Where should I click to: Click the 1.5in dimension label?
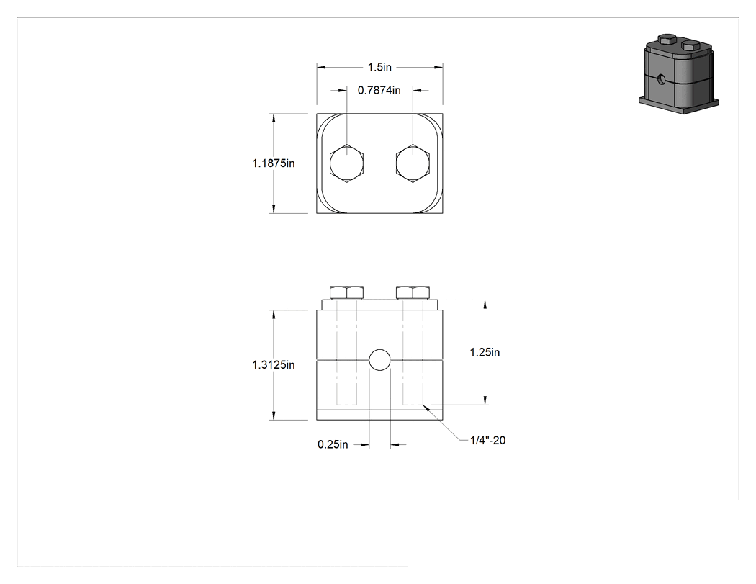(x=379, y=67)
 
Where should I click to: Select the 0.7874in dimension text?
(x=379, y=90)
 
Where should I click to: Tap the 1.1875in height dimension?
(x=274, y=163)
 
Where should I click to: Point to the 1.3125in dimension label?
(x=274, y=365)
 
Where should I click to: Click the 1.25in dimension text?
(x=485, y=353)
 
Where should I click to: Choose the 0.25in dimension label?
(x=333, y=444)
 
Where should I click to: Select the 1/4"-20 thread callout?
(x=488, y=440)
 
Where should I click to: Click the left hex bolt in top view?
(x=346, y=163)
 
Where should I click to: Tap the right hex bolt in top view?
(x=413, y=163)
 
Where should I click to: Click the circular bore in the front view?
(x=379, y=360)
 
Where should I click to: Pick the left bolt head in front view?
(x=346, y=292)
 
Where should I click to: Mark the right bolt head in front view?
(x=413, y=292)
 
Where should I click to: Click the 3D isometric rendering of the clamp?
(x=679, y=73)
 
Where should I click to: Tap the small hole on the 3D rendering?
(x=661, y=78)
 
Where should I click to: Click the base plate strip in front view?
(x=379, y=415)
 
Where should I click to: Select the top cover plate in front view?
(x=379, y=305)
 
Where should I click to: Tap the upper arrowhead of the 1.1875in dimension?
(x=274, y=119)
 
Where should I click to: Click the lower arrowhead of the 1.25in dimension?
(x=485, y=400)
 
